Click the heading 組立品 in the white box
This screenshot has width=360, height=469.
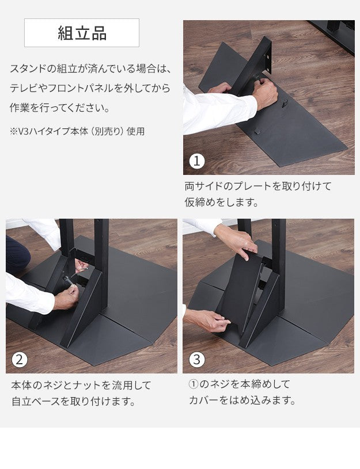point(82,33)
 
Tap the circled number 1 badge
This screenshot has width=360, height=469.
point(197,161)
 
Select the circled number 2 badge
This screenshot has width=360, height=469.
point(20,360)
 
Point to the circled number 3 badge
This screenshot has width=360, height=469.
point(197,360)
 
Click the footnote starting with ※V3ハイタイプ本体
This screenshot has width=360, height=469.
point(77,131)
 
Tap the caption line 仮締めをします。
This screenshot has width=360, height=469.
point(221,203)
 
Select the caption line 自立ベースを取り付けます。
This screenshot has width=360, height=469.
point(74,401)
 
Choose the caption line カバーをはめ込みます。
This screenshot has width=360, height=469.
point(242,401)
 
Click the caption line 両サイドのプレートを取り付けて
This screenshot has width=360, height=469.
point(258,186)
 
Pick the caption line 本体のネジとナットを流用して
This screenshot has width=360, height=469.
point(81,384)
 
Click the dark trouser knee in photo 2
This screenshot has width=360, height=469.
point(17,253)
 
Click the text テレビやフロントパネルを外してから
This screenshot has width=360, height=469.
point(89,89)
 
